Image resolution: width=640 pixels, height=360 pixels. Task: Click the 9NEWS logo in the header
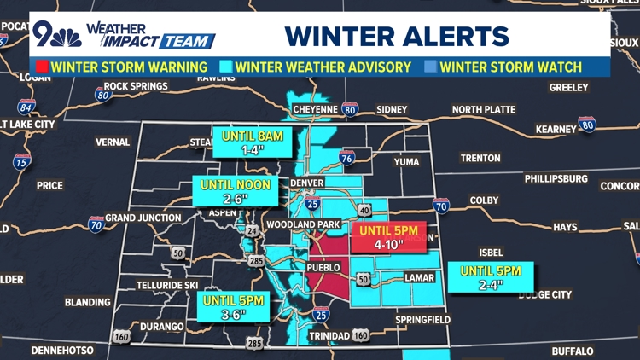click(58, 35)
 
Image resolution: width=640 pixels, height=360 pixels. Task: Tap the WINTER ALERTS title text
click(397, 36)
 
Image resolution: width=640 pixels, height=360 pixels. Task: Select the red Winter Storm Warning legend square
click(40, 67)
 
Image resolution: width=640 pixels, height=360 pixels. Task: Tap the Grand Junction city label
click(143, 218)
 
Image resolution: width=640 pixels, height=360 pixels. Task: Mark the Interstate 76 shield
click(346, 157)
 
